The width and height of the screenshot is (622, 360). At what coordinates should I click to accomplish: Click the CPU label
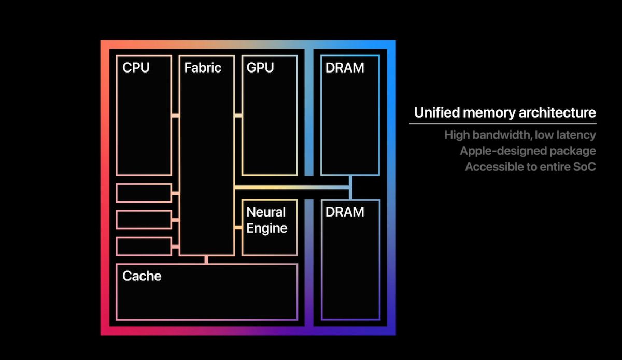[x=136, y=67]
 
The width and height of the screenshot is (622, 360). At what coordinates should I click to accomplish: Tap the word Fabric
[x=203, y=67]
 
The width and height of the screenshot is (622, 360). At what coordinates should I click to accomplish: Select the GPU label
[x=260, y=67]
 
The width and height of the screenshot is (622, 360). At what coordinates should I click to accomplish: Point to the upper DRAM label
[x=345, y=67]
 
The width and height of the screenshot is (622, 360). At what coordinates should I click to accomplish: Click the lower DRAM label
[x=345, y=212]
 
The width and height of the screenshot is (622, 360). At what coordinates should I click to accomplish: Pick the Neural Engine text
[x=266, y=220]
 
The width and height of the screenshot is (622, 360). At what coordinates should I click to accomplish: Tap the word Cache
[x=142, y=276]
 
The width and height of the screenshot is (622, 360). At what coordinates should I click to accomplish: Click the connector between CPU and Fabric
[x=175, y=115]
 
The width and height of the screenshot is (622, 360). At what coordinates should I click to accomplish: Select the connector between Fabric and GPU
[x=238, y=115]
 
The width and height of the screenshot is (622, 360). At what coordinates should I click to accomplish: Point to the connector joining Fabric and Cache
[x=206, y=260]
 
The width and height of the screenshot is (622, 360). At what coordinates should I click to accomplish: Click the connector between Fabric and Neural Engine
[x=238, y=227]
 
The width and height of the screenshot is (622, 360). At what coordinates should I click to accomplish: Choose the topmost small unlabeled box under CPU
[x=144, y=193]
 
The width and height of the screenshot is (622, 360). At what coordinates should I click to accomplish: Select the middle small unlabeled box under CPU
[x=144, y=220]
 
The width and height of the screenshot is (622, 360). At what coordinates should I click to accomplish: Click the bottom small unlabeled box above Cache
[x=144, y=246]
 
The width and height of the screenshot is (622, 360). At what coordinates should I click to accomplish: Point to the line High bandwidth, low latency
[x=520, y=135]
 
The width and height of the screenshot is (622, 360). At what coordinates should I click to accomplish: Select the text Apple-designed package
[x=528, y=151]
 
